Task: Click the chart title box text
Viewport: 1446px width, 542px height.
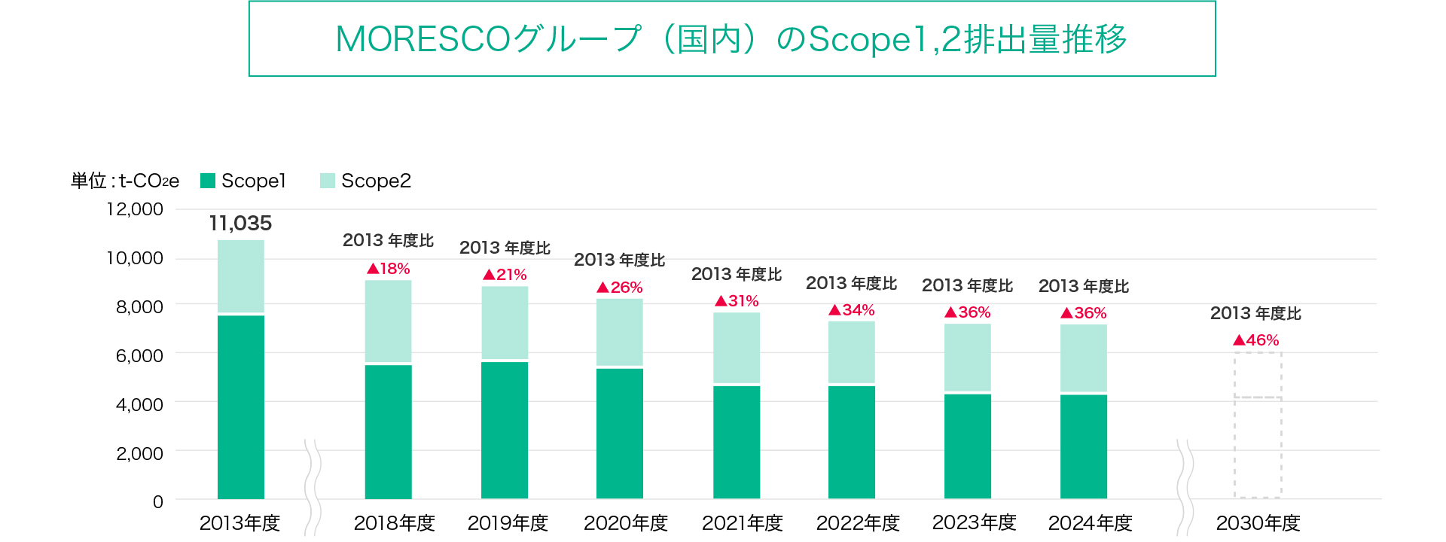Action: (731, 39)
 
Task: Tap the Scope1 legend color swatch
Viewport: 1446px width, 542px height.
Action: (208, 181)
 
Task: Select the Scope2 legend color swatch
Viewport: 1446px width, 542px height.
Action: (328, 181)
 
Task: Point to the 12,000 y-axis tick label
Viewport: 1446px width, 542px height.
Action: (135, 209)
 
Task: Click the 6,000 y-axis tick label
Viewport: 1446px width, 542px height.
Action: (139, 356)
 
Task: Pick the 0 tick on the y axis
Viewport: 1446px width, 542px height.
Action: (157, 502)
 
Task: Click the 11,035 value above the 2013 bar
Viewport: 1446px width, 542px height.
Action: (240, 224)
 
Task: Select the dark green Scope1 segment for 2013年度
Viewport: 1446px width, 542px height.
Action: (241, 406)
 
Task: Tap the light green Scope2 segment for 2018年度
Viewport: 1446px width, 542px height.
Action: (389, 321)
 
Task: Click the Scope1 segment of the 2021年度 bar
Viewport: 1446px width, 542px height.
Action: (737, 442)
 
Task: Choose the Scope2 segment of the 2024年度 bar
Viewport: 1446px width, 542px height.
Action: (1084, 358)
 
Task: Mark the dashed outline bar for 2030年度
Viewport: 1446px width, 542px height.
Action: (1258, 425)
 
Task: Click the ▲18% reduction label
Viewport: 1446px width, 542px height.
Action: (389, 269)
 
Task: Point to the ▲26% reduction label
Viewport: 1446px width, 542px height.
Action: (620, 288)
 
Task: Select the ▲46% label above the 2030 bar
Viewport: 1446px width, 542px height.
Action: (1256, 340)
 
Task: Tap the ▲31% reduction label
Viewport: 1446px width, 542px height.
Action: (737, 301)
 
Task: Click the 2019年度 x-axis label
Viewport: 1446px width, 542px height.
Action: (508, 523)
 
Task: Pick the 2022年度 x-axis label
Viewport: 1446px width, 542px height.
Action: (858, 523)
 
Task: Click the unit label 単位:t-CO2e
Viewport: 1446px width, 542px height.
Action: (125, 181)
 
